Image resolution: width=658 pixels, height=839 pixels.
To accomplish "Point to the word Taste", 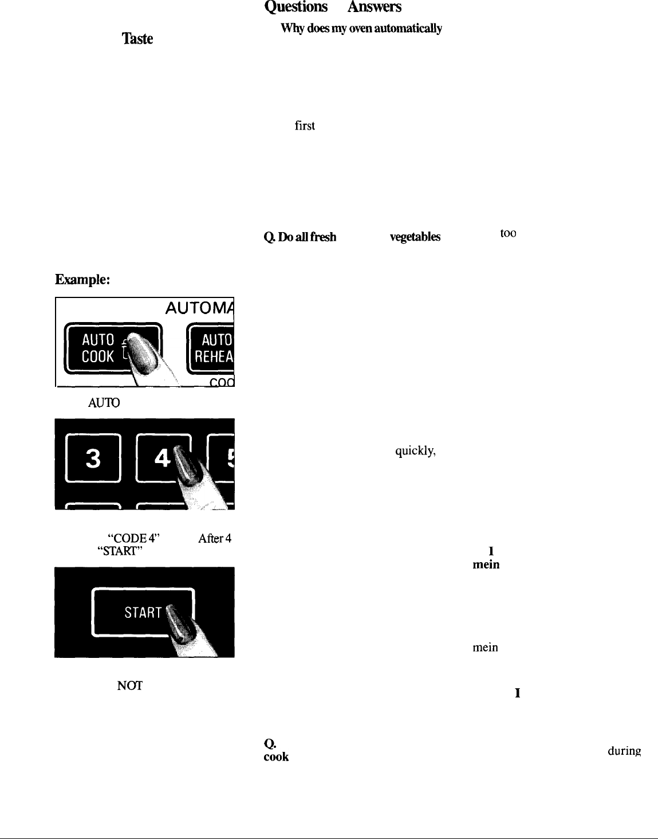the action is click(x=137, y=38).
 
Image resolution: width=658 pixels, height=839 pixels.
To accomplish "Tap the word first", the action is click(x=305, y=126).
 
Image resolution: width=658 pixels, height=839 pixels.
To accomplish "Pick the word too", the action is click(x=509, y=234).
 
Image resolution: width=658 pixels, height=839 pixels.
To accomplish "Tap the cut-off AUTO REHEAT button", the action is click(x=212, y=348).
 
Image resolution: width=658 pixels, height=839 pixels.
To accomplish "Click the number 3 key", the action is click(x=93, y=458).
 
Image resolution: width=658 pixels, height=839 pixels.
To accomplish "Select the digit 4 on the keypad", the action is click(x=163, y=458).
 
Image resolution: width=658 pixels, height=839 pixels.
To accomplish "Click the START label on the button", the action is click(x=143, y=613).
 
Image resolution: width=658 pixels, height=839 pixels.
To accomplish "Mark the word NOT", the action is click(x=129, y=685).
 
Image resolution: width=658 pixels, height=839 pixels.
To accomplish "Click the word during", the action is click(x=624, y=751).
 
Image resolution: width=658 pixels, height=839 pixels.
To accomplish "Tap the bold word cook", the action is click(x=276, y=756).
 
